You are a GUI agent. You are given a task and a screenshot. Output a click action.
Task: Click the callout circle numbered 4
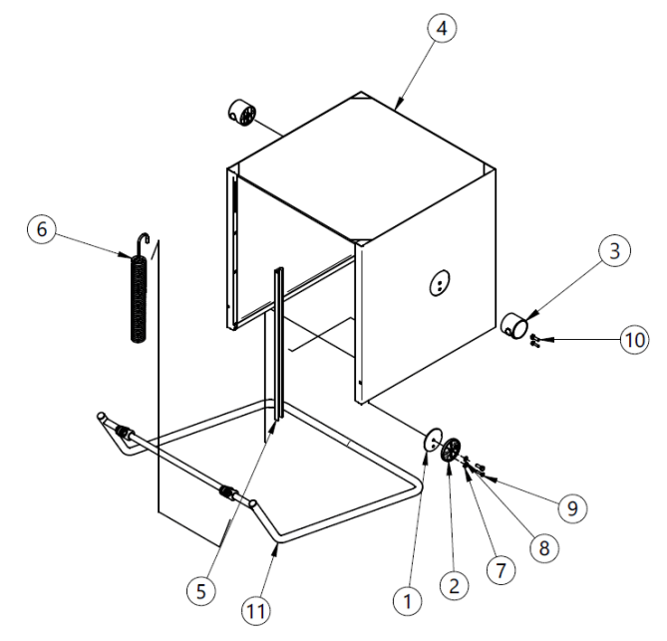(442, 28)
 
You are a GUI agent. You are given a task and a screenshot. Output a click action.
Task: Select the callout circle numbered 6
(42, 229)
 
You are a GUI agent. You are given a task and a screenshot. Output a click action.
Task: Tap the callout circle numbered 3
(615, 251)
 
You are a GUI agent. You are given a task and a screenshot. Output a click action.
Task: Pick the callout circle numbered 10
(635, 340)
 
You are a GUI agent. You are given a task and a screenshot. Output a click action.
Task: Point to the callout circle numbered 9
(572, 507)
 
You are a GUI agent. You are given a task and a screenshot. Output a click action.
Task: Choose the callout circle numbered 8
(544, 548)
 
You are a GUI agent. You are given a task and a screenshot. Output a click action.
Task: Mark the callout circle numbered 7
(500, 570)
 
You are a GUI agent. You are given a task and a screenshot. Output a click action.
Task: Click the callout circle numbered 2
(455, 586)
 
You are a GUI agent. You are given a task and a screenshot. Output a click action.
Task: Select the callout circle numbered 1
(408, 601)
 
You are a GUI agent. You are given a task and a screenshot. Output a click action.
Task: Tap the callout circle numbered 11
(256, 611)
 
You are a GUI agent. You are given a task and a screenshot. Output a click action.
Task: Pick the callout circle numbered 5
(201, 590)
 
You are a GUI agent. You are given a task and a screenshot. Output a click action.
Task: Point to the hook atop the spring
(143, 239)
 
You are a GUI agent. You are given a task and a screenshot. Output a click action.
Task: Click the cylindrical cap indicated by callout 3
(513, 326)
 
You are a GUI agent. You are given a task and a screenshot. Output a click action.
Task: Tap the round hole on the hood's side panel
(440, 282)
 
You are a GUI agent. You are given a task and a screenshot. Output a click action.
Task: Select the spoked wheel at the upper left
(243, 113)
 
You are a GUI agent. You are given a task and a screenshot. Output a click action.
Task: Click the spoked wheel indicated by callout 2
(451, 450)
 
